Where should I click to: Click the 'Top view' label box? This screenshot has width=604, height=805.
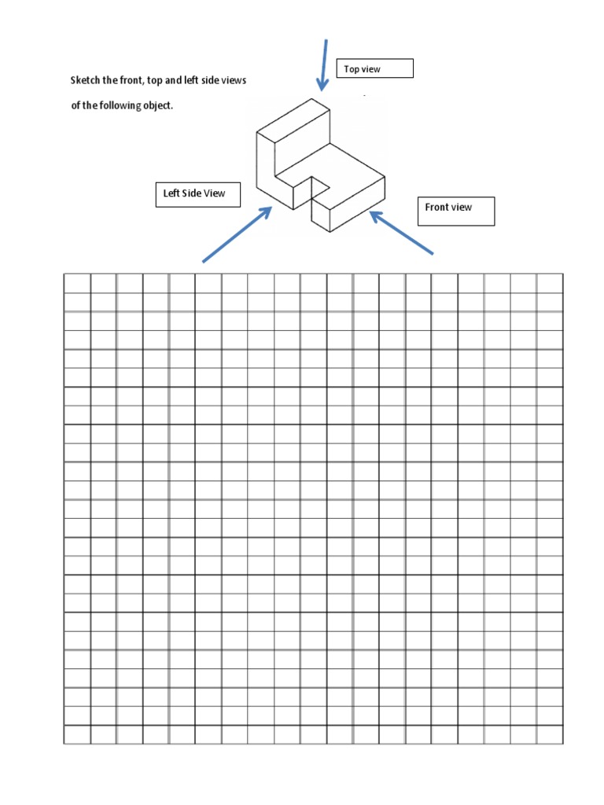click(374, 69)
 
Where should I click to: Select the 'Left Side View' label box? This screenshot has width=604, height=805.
click(197, 193)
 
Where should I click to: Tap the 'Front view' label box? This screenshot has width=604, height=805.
click(456, 211)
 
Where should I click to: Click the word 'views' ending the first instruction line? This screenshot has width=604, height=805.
click(234, 81)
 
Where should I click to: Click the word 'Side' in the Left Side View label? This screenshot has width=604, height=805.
click(192, 193)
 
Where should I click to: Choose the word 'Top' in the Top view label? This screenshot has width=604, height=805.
click(351, 69)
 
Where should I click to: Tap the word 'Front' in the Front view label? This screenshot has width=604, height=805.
click(436, 208)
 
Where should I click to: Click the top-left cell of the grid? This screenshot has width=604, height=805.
click(77, 283)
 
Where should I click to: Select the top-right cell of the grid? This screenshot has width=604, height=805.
click(550, 283)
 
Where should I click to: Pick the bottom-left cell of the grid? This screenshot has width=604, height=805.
click(77, 734)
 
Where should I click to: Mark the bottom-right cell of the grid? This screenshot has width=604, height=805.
click(550, 734)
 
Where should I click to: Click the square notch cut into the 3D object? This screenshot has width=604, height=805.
click(318, 186)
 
